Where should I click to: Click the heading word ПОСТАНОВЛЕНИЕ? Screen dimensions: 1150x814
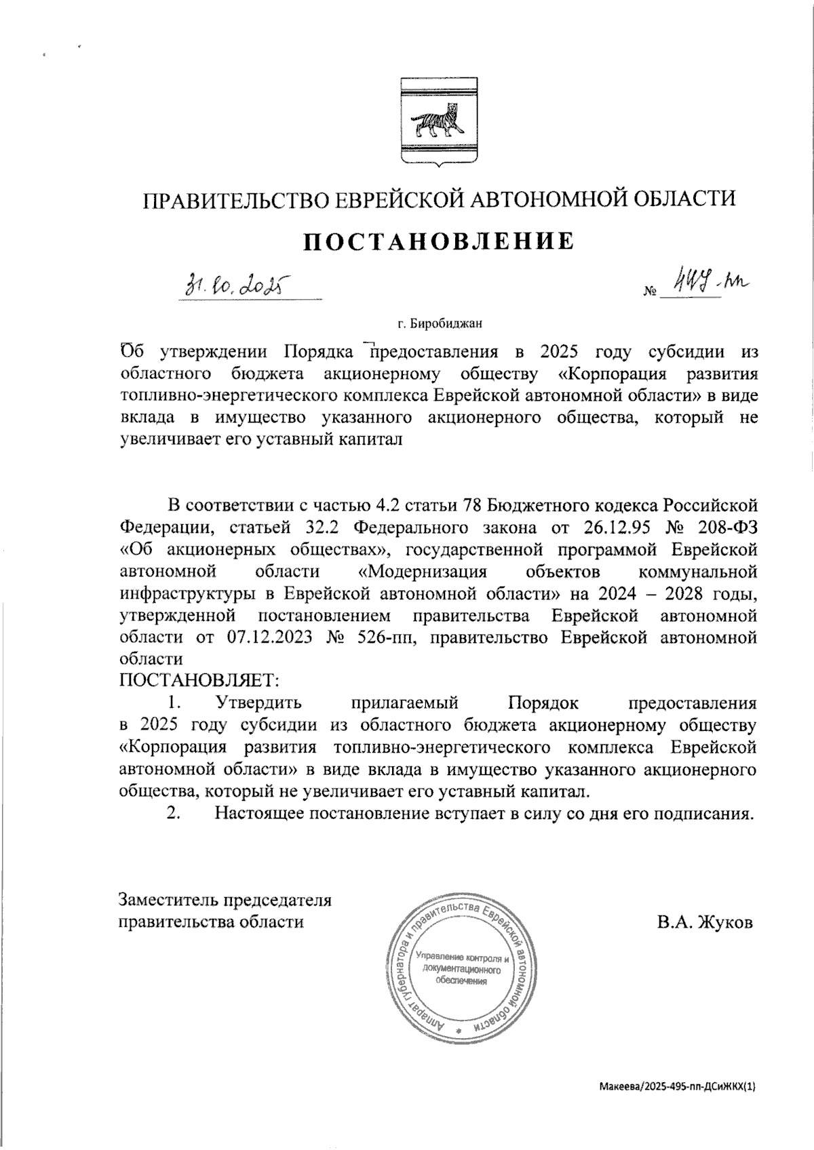[438, 241]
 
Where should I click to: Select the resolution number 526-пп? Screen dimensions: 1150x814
[387, 637]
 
